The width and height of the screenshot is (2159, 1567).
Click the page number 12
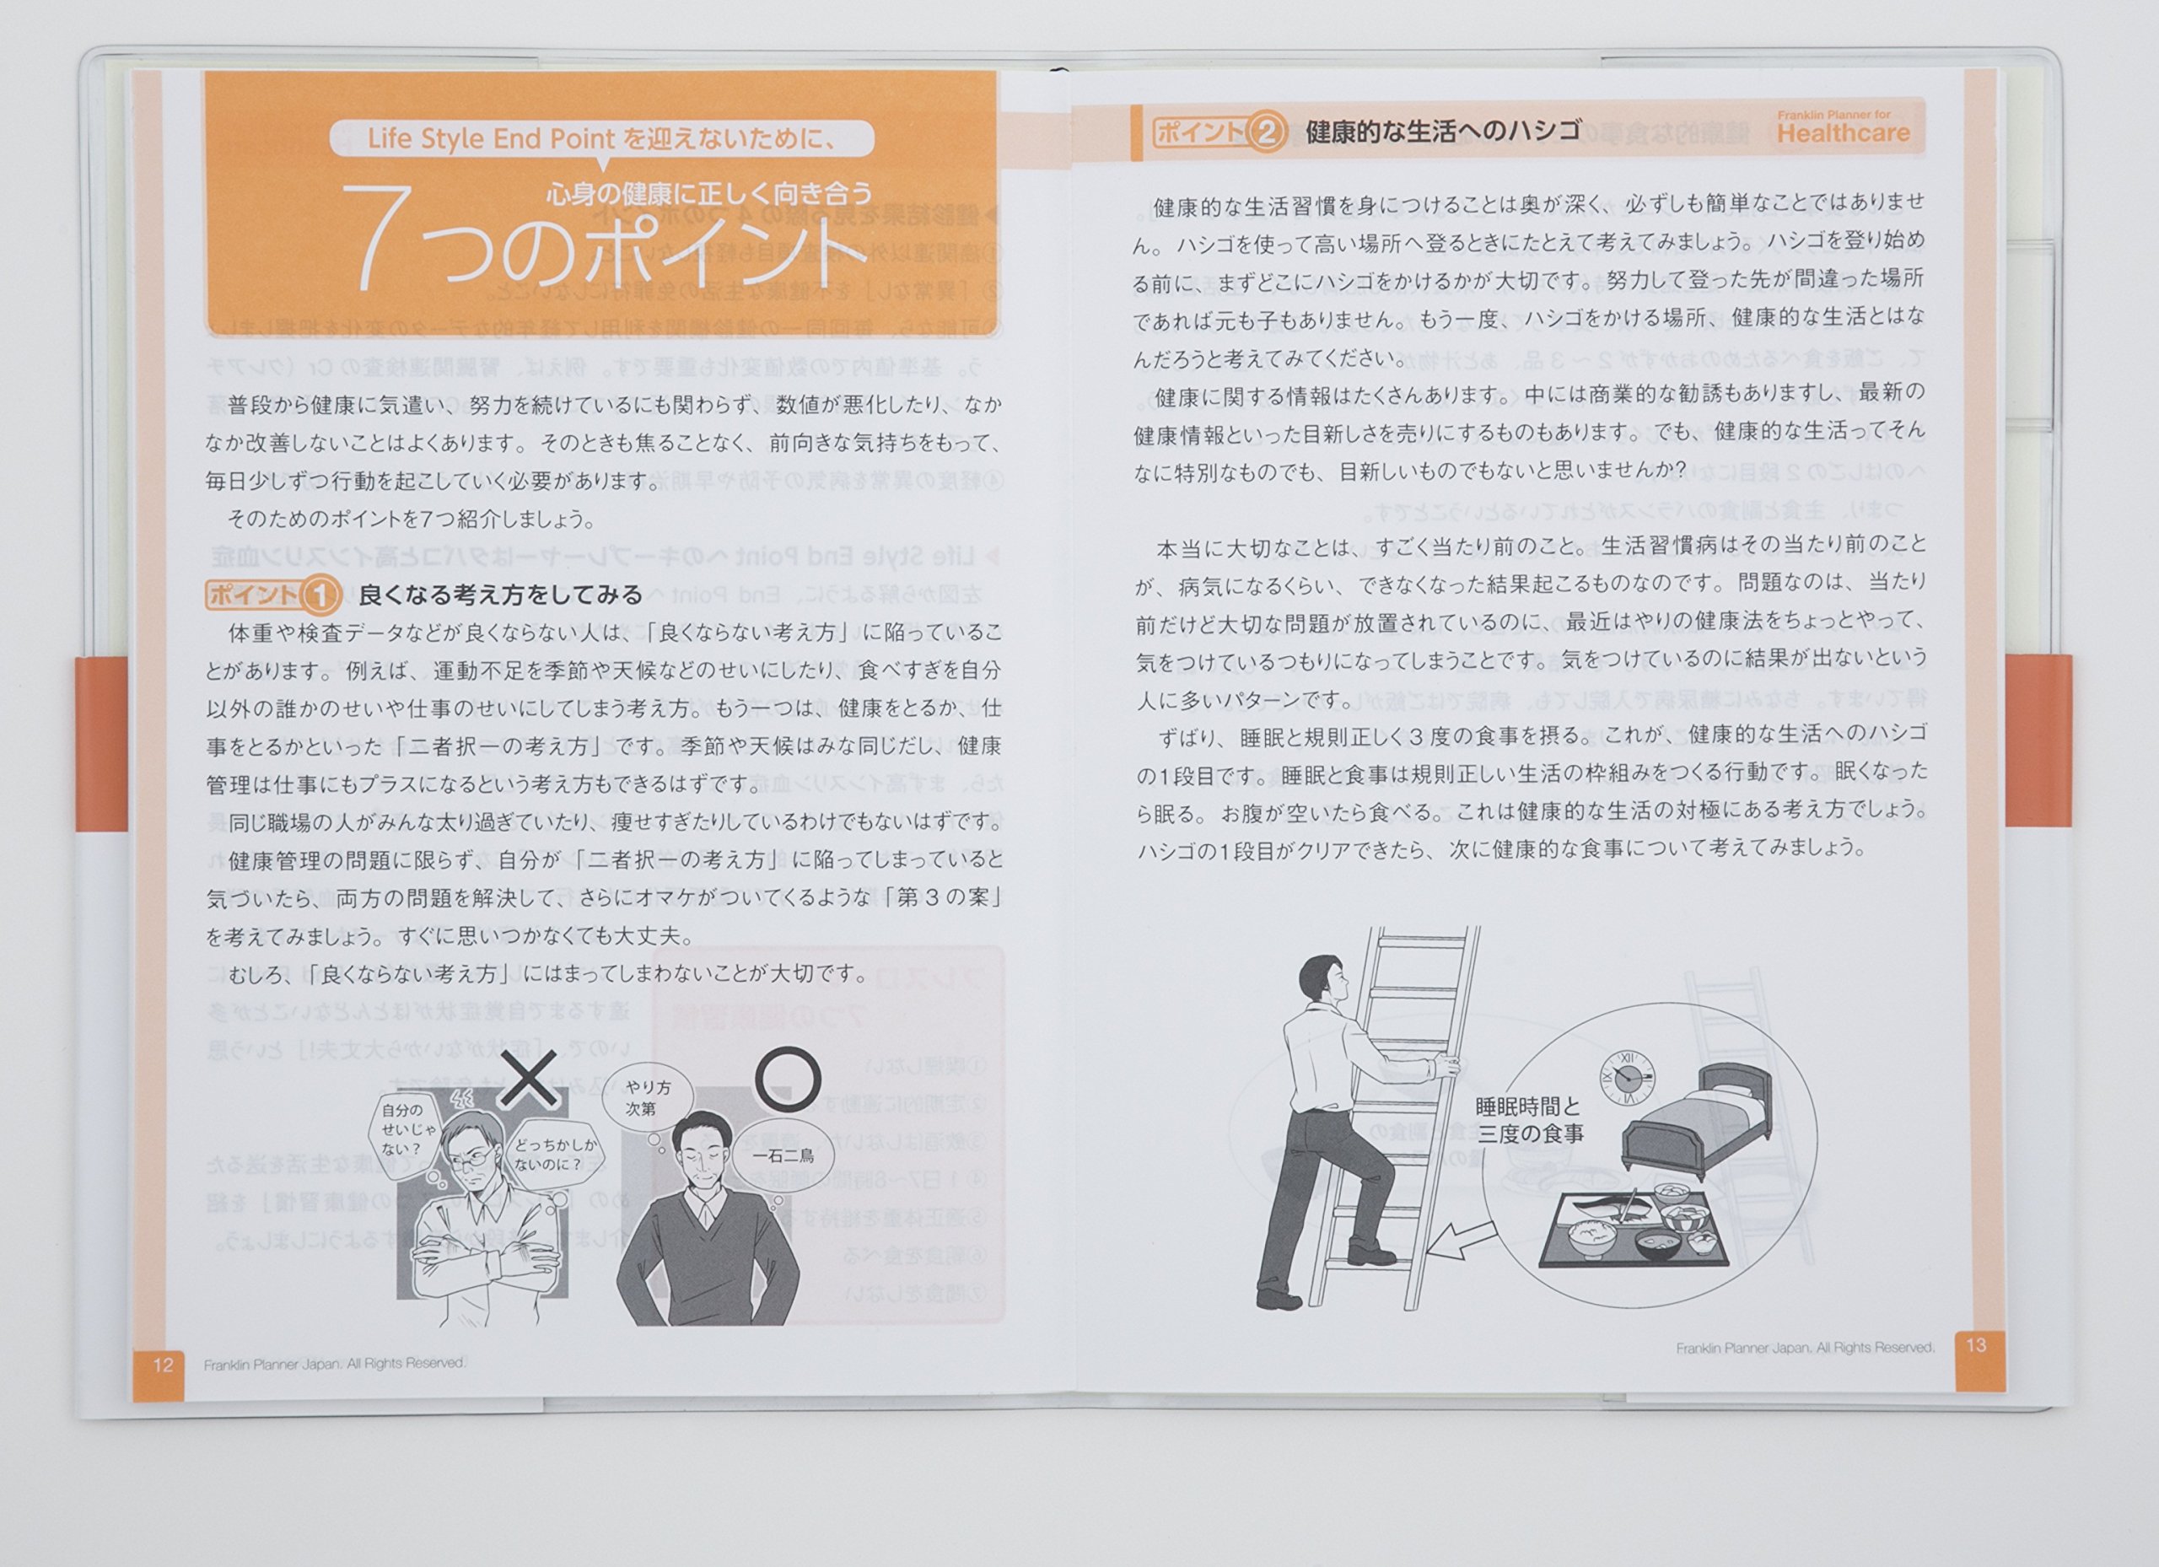163,1365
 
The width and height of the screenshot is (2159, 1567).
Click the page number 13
1975,1345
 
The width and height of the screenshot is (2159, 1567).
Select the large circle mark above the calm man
787,1080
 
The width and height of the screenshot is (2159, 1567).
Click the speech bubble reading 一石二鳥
783,1156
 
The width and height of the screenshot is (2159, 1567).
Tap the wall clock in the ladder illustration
1627,1077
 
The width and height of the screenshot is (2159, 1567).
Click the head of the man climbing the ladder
1323,983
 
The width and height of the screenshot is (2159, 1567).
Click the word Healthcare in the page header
1843,133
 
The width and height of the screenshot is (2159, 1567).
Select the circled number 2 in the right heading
1266,132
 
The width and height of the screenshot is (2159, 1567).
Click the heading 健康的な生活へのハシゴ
1443,131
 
